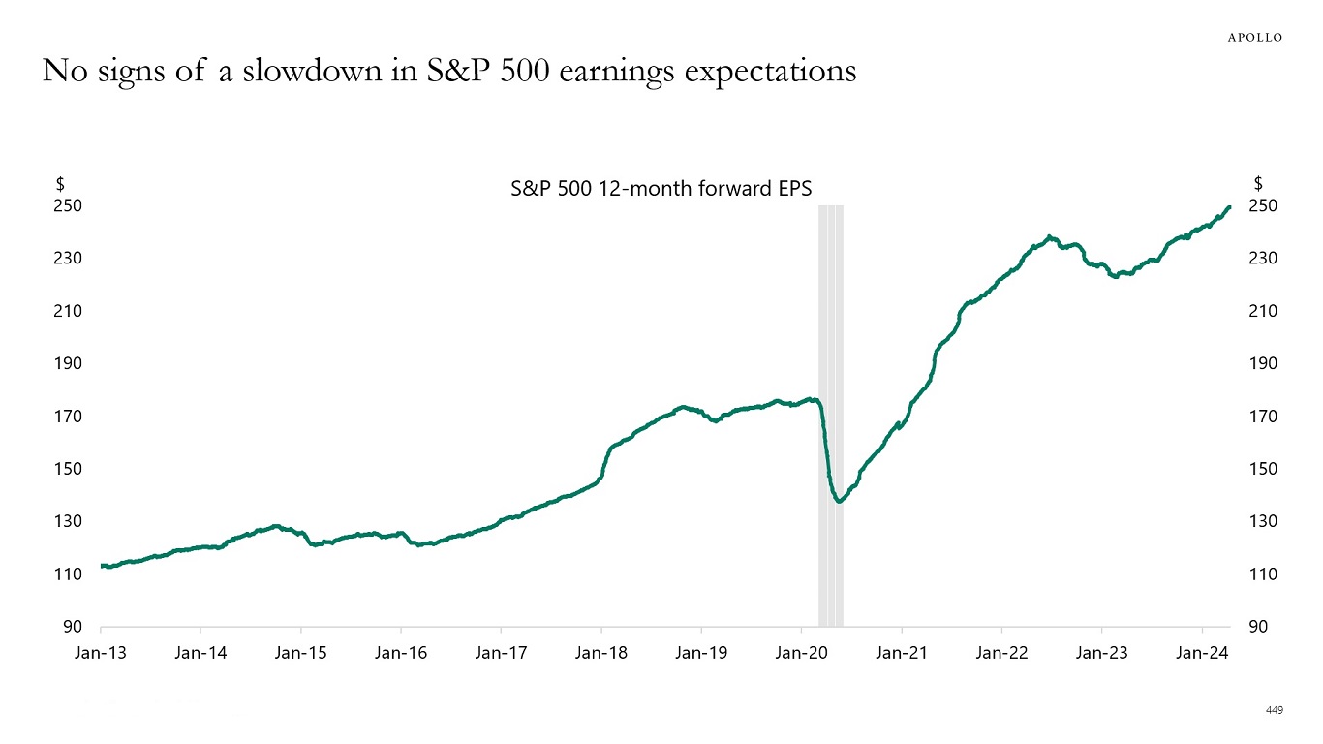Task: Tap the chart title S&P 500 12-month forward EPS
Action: (x=661, y=188)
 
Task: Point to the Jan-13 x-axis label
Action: (x=100, y=653)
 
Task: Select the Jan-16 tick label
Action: (x=401, y=653)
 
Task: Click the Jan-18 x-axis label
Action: (x=600, y=653)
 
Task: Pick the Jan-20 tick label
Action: (x=801, y=653)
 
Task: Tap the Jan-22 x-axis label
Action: (x=1001, y=653)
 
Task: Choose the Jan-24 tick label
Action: (x=1202, y=653)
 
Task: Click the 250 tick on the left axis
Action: (x=67, y=205)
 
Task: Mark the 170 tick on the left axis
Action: (x=67, y=417)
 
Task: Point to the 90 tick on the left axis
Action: (x=72, y=627)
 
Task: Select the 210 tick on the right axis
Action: (x=1263, y=311)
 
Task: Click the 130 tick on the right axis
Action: (x=1263, y=521)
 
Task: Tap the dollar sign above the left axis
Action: (x=60, y=183)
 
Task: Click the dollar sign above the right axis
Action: (x=1258, y=183)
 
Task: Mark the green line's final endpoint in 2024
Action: (x=1229, y=206)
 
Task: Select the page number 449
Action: (x=1274, y=711)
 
